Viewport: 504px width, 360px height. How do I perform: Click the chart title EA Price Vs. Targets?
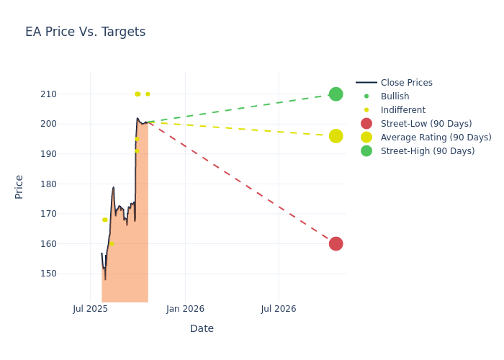pyautogui.click(x=85, y=32)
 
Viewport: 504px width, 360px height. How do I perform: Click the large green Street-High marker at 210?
pyautogui.click(x=336, y=94)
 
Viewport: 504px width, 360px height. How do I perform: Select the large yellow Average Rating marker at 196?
pyautogui.click(x=336, y=136)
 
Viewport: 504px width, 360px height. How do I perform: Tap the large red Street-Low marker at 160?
pyautogui.click(x=336, y=244)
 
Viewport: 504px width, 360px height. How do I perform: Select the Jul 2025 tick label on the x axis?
pyautogui.click(x=91, y=309)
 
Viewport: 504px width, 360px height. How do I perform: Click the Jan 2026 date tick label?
pyautogui.click(x=185, y=309)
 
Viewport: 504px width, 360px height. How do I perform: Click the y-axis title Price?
pyautogui.click(x=19, y=186)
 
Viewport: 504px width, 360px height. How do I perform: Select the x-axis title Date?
pyautogui.click(x=202, y=328)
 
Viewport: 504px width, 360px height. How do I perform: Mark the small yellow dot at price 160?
pyautogui.click(x=112, y=244)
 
